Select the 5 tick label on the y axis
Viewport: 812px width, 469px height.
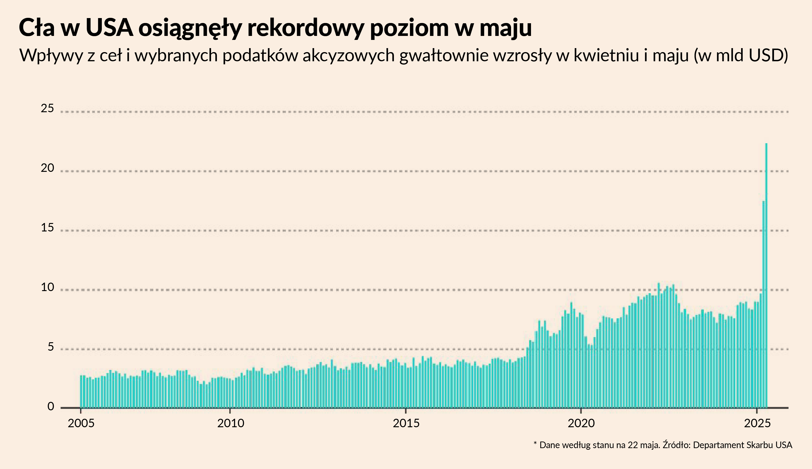click(50, 347)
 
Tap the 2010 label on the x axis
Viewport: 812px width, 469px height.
click(231, 423)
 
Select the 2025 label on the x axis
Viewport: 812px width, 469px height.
click(757, 423)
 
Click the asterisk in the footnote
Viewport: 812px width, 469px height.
click(535, 444)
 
